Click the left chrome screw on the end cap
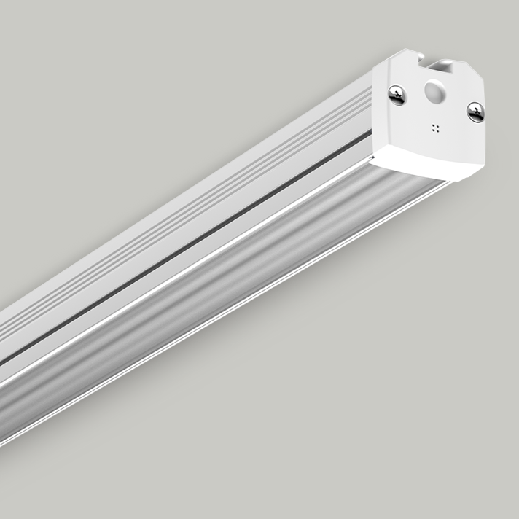[397, 94]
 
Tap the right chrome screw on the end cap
[475, 112]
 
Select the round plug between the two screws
[435, 93]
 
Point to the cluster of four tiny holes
[436, 128]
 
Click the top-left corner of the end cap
[377, 66]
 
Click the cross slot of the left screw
[397, 94]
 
